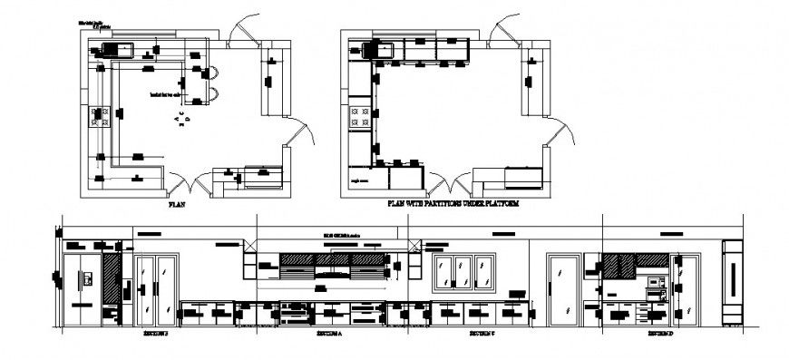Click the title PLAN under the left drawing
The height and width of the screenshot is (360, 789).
178,207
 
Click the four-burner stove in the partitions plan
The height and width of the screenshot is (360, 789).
361,116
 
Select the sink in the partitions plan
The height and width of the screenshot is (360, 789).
378,50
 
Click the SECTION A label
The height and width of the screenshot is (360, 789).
328,334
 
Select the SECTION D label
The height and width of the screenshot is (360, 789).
659,334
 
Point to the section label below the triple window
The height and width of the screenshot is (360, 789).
482,334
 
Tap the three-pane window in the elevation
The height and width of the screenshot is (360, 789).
464,272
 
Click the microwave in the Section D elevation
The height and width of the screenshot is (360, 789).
653,286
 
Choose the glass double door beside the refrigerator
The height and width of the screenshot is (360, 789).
156,290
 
